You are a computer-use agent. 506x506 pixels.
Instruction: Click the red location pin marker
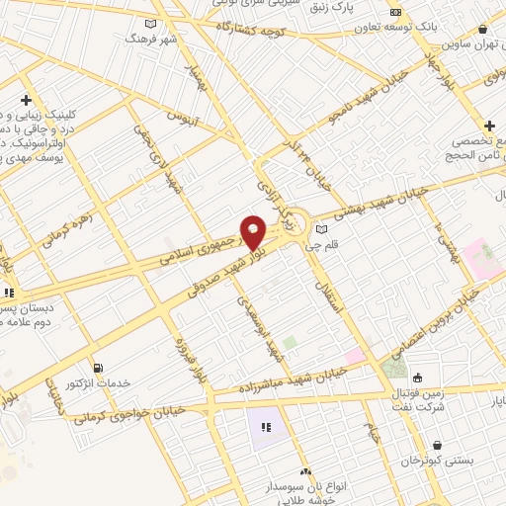click(x=253, y=233)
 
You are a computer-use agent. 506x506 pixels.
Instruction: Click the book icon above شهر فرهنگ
click(x=150, y=23)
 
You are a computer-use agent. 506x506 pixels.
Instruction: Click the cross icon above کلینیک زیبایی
click(x=25, y=100)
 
